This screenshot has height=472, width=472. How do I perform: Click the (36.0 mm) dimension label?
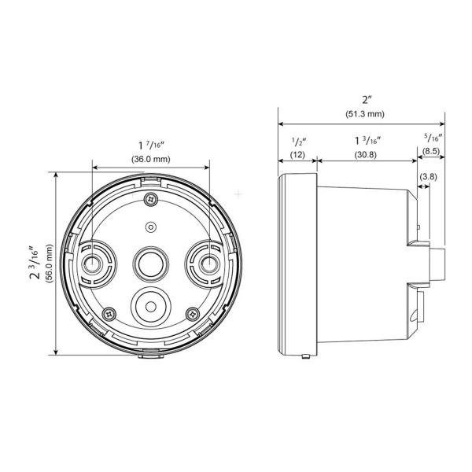[x=151, y=159]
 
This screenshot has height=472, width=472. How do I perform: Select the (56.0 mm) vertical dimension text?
[x=50, y=263]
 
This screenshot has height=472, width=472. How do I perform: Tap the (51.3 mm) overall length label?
[x=365, y=114]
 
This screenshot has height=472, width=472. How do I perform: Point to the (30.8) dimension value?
[x=366, y=155]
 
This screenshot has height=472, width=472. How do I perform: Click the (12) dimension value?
[x=297, y=155]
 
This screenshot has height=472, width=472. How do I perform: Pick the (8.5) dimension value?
[x=431, y=151]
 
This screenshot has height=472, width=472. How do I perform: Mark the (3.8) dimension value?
[x=429, y=176]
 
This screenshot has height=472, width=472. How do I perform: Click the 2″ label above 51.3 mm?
[x=367, y=100]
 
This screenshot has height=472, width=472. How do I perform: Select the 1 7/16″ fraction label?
[x=151, y=146]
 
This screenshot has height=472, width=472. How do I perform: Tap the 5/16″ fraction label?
[x=433, y=137]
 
